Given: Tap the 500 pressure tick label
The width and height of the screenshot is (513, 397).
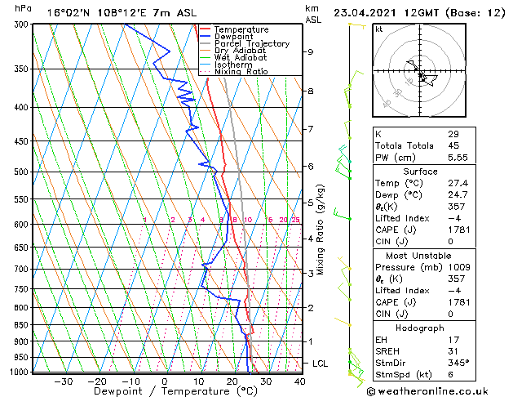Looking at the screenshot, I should coord(21,172).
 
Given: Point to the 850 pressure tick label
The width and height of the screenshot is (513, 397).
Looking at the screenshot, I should coord(21,325).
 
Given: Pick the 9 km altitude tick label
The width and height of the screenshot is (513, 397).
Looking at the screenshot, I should coord(311,51).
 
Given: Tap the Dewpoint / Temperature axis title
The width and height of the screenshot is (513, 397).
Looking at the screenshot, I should coord(164,391).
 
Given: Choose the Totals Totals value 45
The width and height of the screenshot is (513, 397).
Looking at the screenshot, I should coord(453,145).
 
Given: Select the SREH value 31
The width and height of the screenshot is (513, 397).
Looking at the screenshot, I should coord(453,351).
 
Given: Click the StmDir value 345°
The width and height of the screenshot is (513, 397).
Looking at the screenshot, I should coord(458,364).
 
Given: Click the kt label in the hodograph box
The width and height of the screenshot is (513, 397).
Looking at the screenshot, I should coord(378,29).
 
